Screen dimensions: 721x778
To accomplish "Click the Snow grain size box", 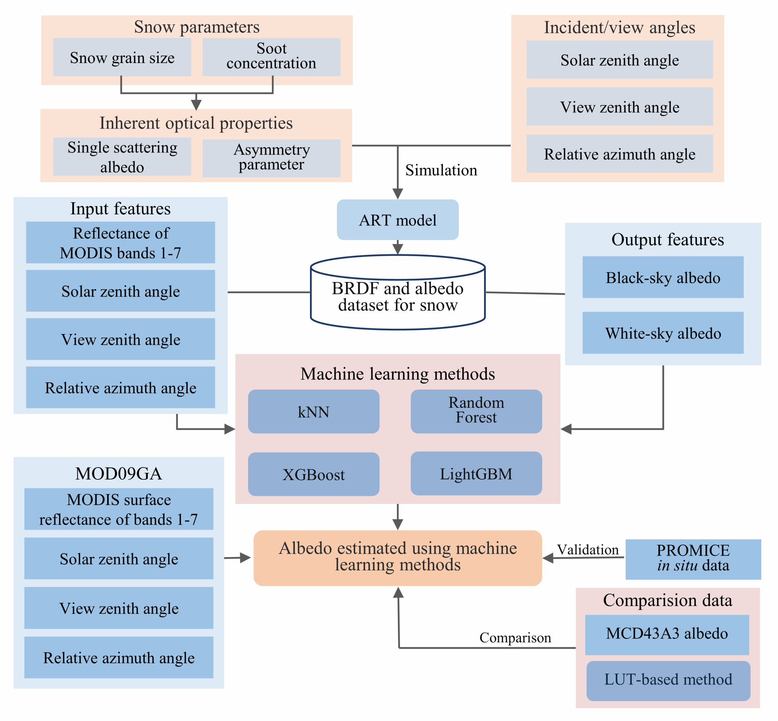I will [x=122, y=57].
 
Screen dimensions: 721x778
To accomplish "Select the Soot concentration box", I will [x=271, y=57].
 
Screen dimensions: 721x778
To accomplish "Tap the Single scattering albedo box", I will [x=122, y=157].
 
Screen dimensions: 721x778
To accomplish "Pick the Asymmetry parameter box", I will [x=271, y=158].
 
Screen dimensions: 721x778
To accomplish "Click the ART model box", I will [x=397, y=220].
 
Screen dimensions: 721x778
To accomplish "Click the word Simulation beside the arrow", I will [x=441, y=170].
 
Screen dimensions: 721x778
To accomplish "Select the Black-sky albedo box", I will [x=663, y=277].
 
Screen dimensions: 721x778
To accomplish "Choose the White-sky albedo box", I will [x=663, y=333].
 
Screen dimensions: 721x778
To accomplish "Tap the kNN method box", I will [x=313, y=412].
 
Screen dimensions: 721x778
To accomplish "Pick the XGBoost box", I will [x=313, y=474].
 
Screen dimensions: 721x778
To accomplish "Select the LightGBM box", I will [x=476, y=474].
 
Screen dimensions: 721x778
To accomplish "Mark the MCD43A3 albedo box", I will [x=667, y=634].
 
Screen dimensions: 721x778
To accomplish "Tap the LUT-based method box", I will [x=668, y=680].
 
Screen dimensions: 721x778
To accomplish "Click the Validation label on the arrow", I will [x=587, y=550].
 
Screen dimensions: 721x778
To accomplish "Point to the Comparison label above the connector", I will [x=515, y=637].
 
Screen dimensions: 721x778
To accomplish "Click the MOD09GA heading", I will [x=119, y=473].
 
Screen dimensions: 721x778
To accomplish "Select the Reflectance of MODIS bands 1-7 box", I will [x=120, y=242].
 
